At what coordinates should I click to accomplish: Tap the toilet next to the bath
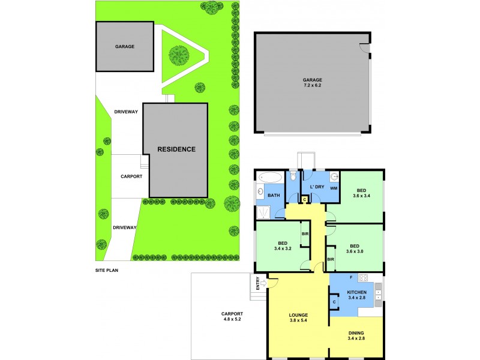click(x=292, y=176)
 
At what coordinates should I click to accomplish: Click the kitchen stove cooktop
click(x=362, y=278)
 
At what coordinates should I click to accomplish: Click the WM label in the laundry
click(x=334, y=188)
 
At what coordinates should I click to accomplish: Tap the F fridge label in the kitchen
click(x=350, y=279)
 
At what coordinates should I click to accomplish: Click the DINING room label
click(x=356, y=333)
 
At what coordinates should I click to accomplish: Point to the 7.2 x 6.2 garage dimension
click(x=312, y=86)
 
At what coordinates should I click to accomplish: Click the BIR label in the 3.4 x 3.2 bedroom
click(x=305, y=233)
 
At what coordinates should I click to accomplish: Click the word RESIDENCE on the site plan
click(x=176, y=149)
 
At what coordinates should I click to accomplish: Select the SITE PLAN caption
click(x=108, y=271)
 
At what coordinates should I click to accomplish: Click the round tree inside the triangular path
click(x=179, y=56)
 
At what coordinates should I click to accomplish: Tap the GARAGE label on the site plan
click(x=125, y=46)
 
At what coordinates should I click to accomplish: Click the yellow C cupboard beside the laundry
click(x=305, y=199)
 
